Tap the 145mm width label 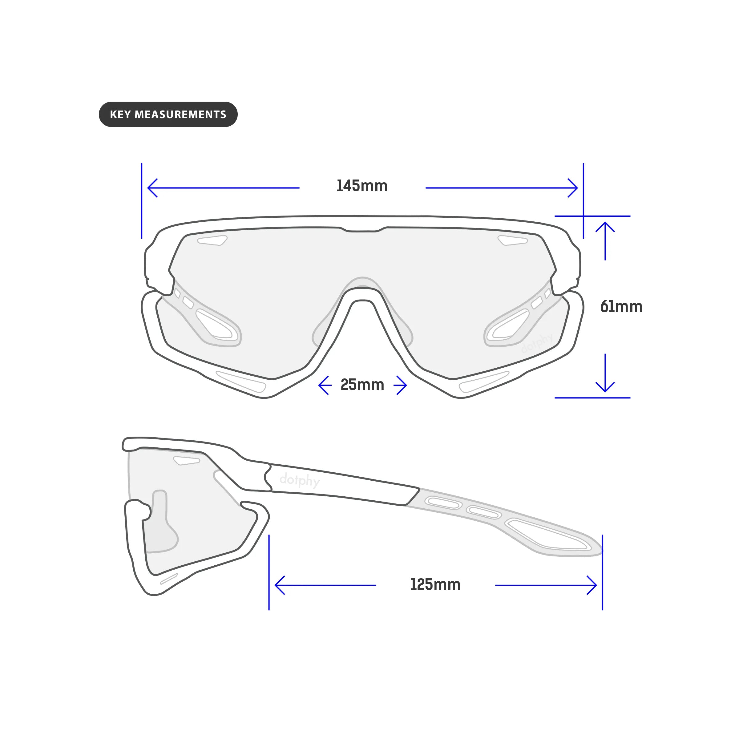362,186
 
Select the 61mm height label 621,307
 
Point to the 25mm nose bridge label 362,385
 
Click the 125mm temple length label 435,584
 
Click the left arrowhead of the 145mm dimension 153,188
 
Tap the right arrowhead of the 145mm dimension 573,188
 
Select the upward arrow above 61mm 605,241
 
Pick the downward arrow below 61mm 605,373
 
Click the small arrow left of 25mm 325,385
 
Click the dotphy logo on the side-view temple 300,480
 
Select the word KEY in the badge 120,115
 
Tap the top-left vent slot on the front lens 212,240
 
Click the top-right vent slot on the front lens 513,240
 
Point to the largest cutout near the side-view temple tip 548,534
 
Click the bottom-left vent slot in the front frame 241,382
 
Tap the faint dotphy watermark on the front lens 537,343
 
